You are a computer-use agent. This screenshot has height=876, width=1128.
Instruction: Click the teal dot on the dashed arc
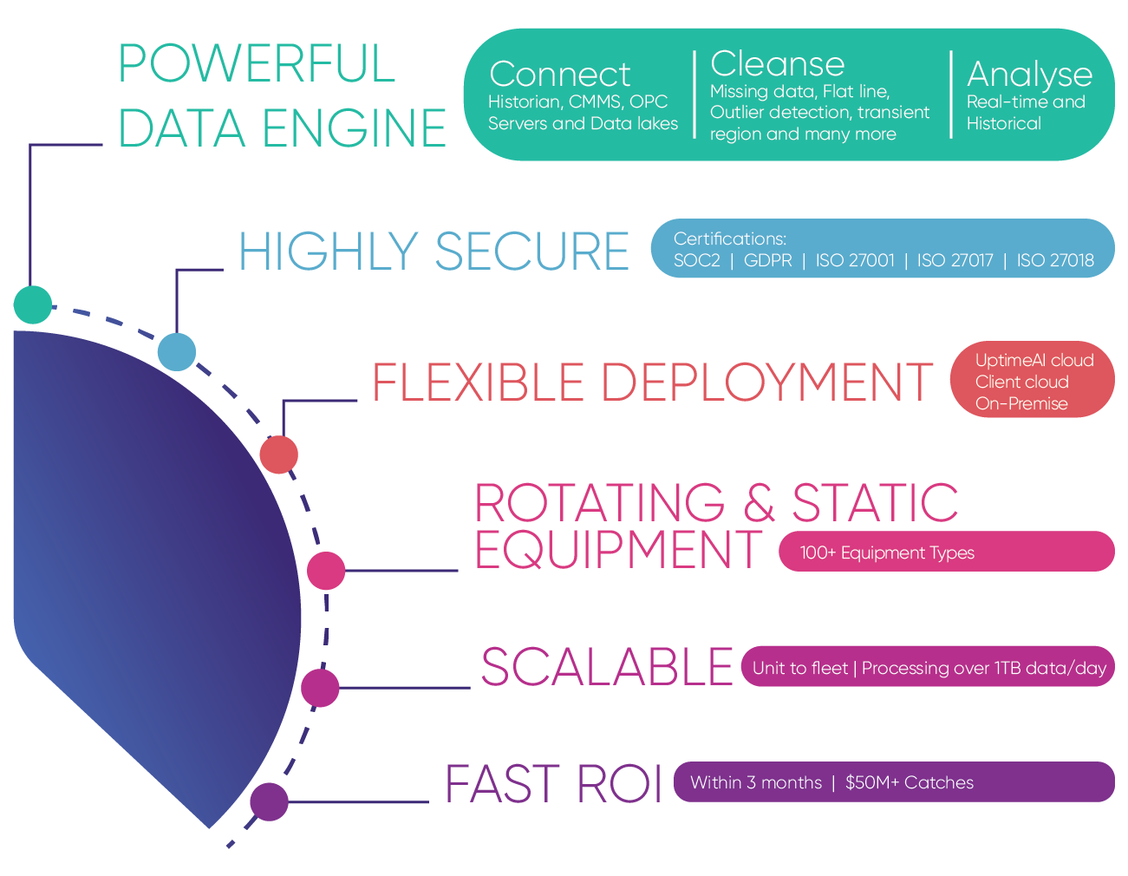33,304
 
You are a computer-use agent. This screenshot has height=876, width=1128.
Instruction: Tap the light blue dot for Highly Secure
177,351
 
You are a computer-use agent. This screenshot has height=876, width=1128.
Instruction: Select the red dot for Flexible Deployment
278,454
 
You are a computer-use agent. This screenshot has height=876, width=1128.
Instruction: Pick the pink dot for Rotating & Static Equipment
326,571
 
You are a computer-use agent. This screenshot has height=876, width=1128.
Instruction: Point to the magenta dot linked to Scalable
320,688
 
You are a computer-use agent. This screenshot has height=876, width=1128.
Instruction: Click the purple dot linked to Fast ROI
269,801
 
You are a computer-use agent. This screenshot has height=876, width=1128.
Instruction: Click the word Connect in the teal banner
559,75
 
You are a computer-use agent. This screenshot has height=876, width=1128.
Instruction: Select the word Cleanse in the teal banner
777,64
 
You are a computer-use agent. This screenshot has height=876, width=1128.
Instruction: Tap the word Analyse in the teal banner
1029,75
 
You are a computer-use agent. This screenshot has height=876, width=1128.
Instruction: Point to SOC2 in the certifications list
696,260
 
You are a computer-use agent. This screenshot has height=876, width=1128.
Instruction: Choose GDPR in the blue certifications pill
767,260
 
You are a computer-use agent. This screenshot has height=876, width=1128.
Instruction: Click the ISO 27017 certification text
955,260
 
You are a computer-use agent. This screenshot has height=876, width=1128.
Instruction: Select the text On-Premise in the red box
1020,403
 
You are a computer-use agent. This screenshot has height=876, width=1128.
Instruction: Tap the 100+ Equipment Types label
886,552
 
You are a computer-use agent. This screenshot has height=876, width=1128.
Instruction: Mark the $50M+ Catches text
909,782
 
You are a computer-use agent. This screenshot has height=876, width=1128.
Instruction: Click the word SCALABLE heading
607,667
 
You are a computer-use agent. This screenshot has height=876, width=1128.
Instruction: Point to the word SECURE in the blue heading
531,252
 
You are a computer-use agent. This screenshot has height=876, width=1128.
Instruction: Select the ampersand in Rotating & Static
759,503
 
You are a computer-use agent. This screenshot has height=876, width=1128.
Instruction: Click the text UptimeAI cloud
1033,360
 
